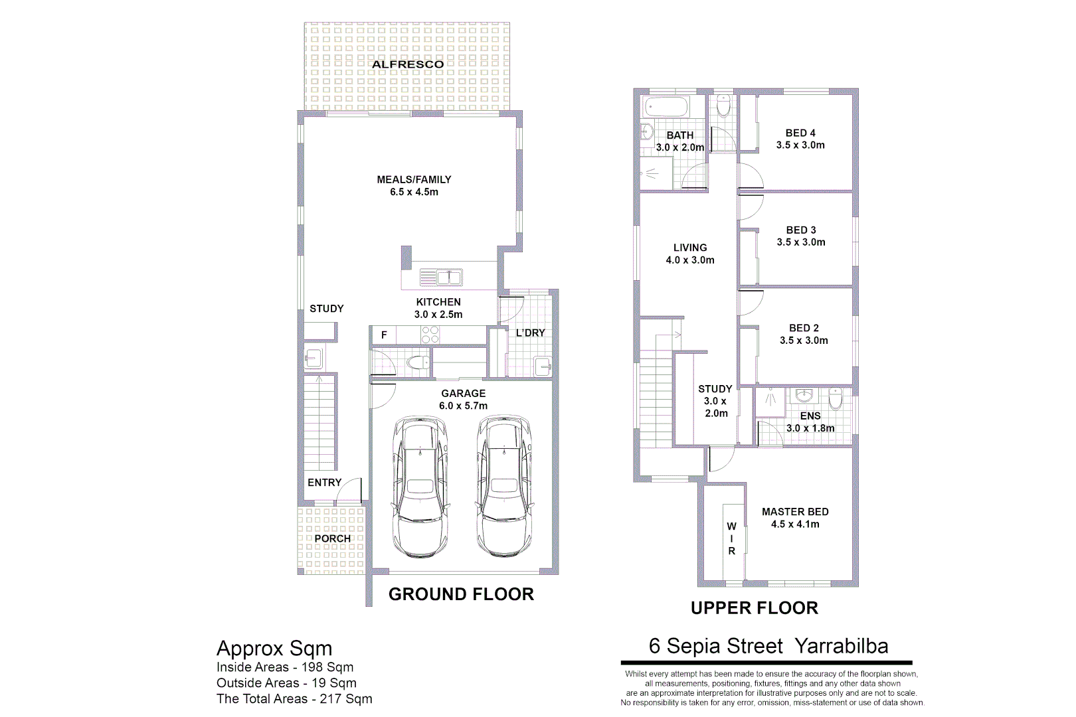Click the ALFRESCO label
coord(408,64)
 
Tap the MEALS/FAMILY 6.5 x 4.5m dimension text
coord(414,192)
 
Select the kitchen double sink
coord(441,277)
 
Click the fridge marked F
coord(383,335)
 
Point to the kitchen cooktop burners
coord(430,335)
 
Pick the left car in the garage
coord(420,486)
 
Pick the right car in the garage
coord(504,486)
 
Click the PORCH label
coord(332,538)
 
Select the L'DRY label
coord(530,333)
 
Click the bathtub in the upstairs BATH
coord(666,107)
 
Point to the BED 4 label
coord(800,133)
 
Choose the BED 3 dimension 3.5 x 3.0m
coord(801,242)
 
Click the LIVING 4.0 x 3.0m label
coord(690,254)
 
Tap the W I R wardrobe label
coord(731,538)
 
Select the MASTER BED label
coord(795,512)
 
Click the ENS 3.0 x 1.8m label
coord(810,422)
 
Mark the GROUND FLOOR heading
coord(461,594)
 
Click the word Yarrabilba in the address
coord(841,646)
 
